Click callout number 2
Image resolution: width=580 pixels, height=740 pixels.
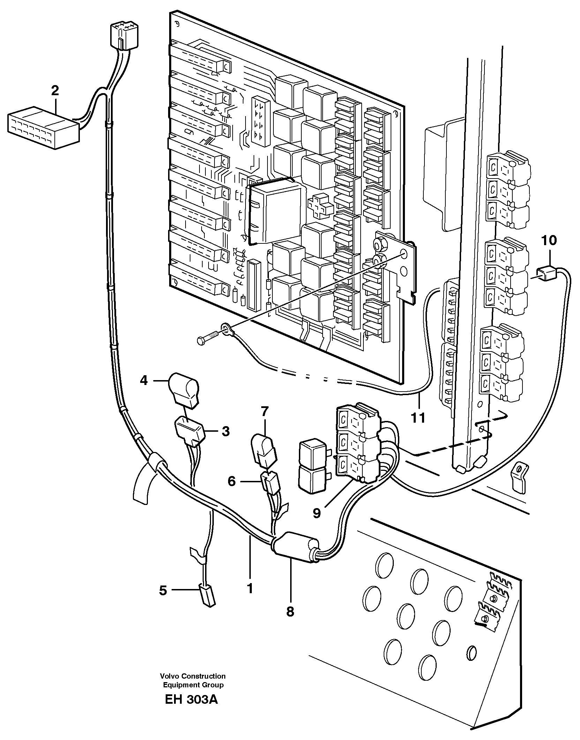55,91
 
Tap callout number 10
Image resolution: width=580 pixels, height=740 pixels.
549,241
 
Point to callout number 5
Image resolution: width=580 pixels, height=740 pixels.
163,591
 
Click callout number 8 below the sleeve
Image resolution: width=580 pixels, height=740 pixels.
290,612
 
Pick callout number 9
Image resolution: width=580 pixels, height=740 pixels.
316,513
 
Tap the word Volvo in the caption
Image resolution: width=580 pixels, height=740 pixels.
169,676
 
